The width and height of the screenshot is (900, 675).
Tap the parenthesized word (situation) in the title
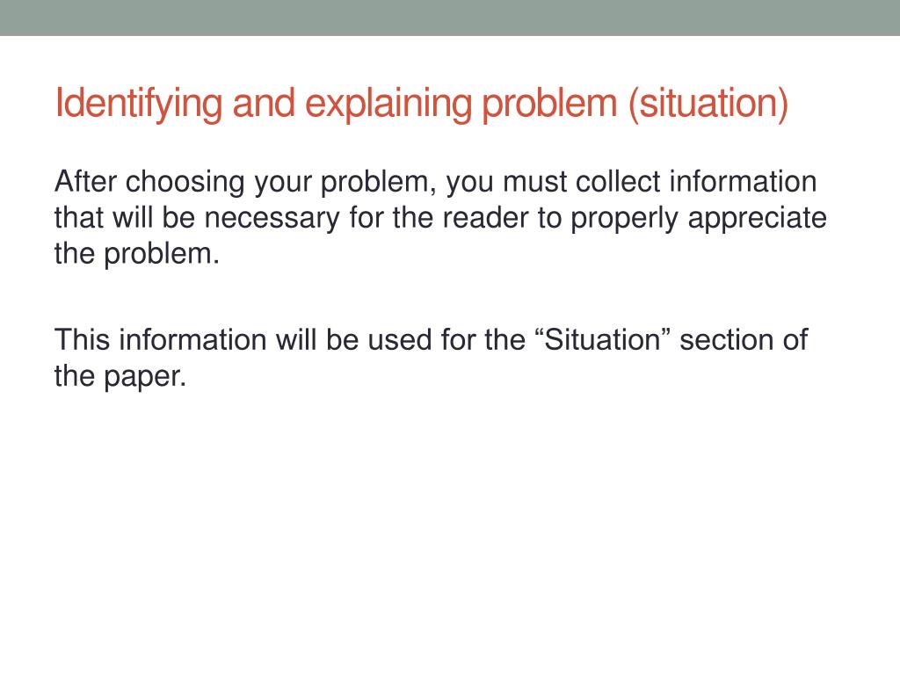[708, 104]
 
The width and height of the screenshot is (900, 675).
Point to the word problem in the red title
[551, 104]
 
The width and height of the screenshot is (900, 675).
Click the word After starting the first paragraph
[85, 183]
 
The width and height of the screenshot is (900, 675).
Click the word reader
[486, 218]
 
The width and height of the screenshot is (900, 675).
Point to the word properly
[625, 218]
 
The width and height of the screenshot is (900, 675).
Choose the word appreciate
[758, 218]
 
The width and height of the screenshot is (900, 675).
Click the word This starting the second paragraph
[83, 339]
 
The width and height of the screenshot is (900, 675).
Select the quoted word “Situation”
[602, 339]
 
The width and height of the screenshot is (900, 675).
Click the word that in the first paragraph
[79, 218]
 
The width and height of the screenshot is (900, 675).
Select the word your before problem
[283, 183]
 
